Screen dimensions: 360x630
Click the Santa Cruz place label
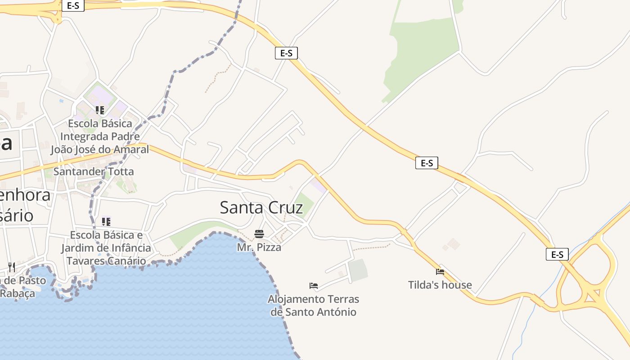pos(261,207)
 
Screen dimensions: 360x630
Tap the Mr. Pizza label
pos(259,247)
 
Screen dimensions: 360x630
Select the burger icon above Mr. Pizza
pos(259,234)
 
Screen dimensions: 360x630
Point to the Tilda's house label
pos(440,285)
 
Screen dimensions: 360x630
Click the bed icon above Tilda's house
pos(440,272)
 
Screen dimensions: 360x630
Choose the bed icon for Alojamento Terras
pos(314,286)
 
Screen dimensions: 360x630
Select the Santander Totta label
pos(94,171)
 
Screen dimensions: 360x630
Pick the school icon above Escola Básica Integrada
pos(100,110)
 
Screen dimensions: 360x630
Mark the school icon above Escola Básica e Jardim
pos(106,221)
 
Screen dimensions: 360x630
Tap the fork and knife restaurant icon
pos(12,267)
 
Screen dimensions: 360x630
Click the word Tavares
pos(85,261)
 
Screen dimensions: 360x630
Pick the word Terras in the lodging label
pos(343,299)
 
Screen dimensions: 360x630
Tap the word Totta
pos(120,171)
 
